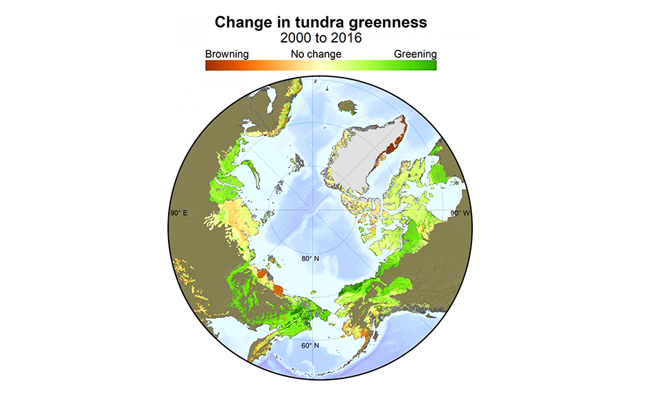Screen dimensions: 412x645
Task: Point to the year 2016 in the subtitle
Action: (347, 38)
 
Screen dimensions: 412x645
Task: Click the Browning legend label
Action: (226, 54)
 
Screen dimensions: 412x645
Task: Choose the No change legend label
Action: (316, 54)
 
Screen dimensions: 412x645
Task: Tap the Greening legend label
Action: (415, 54)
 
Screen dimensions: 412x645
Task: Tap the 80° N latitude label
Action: (310, 259)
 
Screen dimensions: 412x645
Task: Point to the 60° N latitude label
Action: (310, 345)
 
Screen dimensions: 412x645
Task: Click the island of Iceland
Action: (349, 106)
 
